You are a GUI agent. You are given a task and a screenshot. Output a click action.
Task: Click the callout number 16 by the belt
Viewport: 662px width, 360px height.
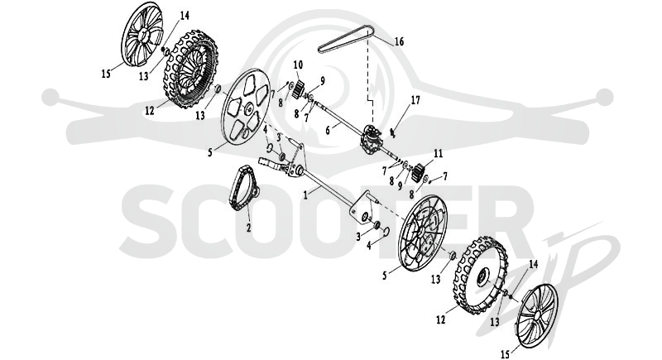pyautogui.click(x=400, y=41)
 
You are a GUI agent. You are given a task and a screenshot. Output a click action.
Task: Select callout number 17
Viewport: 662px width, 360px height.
pyautogui.click(x=415, y=100)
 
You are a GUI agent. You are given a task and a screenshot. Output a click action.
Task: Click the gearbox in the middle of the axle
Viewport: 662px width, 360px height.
pyautogui.click(x=371, y=137)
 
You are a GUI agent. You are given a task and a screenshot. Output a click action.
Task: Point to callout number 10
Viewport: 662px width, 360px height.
pyautogui.click(x=298, y=65)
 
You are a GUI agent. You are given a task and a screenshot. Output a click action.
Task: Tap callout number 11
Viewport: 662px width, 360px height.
pyautogui.click(x=439, y=153)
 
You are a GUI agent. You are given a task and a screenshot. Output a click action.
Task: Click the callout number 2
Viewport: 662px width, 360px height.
pyautogui.click(x=249, y=228)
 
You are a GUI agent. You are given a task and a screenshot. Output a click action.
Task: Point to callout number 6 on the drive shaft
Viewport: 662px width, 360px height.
pyautogui.click(x=328, y=131)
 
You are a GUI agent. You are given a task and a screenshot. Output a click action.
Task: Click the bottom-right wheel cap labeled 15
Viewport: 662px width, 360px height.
pyautogui.click(x=537, y=315)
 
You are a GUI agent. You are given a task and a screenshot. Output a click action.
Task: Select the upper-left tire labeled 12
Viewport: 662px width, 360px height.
pyautogui.click(x=191, y=69)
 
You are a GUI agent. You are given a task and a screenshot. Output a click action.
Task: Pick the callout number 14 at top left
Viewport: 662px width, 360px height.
pyautogui.click(x=185, y=16)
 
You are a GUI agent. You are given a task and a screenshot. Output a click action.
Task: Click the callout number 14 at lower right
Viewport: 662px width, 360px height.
pyautogui.click(x=534, y=264)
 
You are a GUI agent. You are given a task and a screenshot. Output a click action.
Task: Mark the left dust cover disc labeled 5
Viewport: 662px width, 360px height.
pyautogui.click(x=246, y=106)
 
